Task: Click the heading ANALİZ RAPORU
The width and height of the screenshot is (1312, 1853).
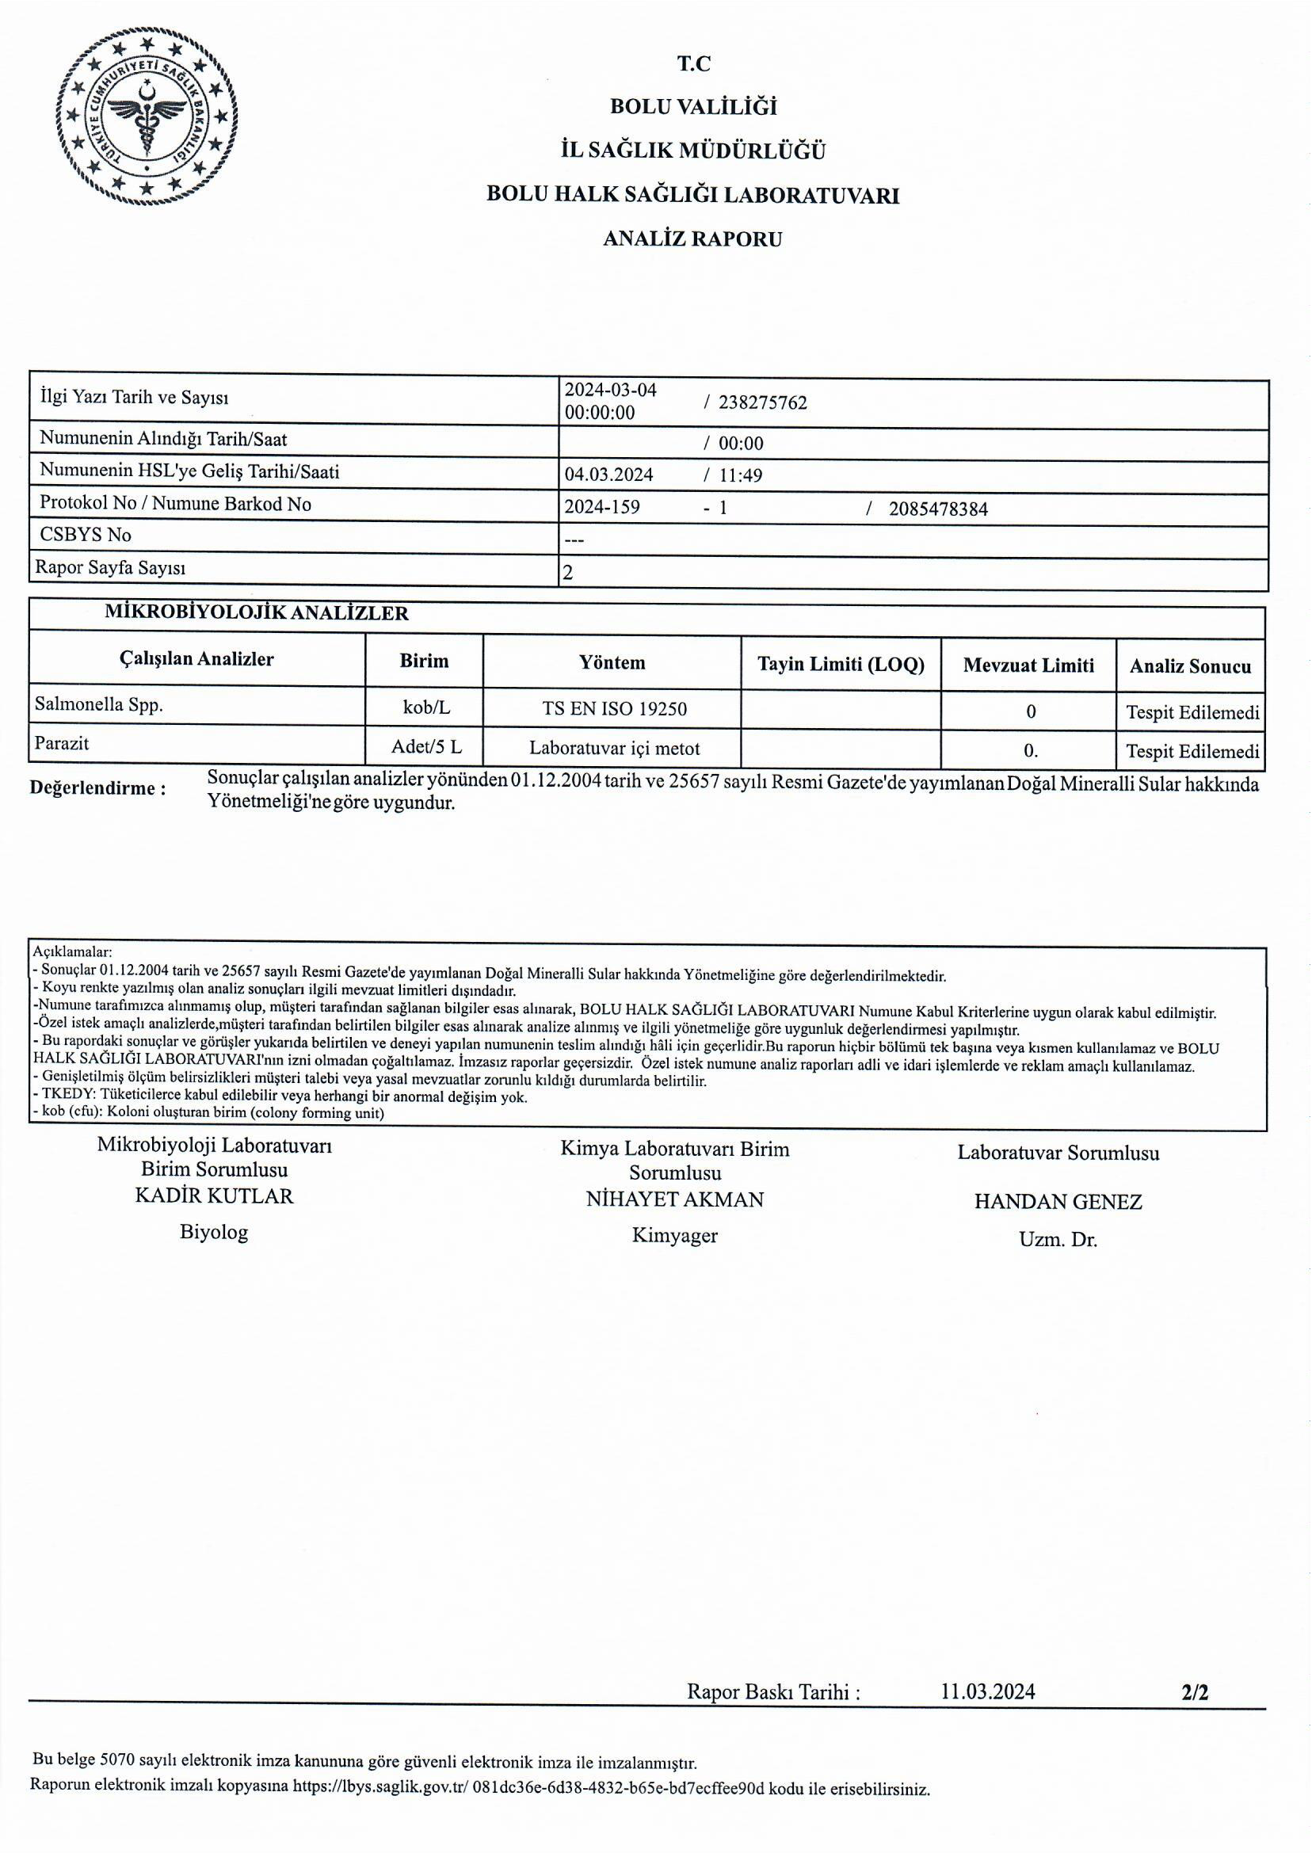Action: [x=692, y=239]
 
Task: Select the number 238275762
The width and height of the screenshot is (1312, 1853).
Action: [x=762, y=403]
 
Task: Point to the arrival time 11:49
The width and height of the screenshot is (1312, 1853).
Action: [x=740, y=476]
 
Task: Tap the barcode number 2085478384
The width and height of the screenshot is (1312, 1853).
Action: [x=937, y=509]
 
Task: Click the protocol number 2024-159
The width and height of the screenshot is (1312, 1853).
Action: [x=602, y=507]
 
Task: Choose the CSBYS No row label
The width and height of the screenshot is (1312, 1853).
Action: [x=86, y=535]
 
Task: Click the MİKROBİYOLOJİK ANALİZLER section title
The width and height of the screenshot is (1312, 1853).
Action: [x=256, y=613]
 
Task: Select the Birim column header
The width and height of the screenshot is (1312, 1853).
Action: [x=423, y=662]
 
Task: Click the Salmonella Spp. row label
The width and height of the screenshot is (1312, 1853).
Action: [x=98, y=705]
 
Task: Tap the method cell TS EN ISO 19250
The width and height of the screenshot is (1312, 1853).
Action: [x=614, y=709]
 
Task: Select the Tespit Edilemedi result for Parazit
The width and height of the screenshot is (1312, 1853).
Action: [x=1192, y=752]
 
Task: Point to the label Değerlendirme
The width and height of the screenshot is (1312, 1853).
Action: [x=97, y=788]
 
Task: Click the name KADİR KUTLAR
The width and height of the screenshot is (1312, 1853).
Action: [x=214, y=1196]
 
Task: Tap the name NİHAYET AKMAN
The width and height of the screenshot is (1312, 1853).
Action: [x=674, y=1200]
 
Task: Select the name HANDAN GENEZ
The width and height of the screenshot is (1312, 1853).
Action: [x=1058, y=1203]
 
